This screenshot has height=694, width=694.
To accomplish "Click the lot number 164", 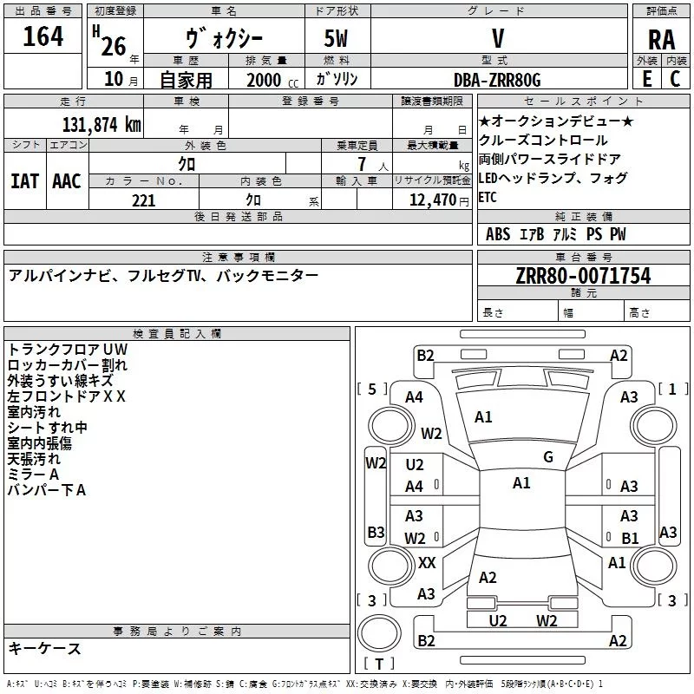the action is click(x=43, y=37).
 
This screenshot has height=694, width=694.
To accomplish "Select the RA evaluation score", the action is click(x=661, y=40).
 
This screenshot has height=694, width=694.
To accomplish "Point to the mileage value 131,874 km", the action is click(x=101, y=124).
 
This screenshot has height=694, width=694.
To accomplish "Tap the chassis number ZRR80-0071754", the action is click(x=583, y=276).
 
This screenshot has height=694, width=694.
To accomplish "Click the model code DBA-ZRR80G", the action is click(x=497, y=80).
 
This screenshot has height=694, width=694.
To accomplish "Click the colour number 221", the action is click(x=144, y=200).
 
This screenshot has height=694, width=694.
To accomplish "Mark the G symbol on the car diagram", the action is click(x=548, y=456).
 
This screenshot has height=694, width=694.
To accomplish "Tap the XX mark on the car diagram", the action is click(x=427, y=562).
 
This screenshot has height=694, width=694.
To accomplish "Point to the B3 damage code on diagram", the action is click(x=376, y=532).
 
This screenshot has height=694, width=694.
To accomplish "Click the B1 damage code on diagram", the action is click(x=630, y=538).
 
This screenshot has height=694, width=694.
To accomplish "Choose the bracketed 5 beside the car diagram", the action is click(x=372, y=389).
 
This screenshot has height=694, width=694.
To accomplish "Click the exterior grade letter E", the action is click(x=646, y=80).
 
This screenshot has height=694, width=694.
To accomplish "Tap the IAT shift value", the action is click(x=24, y=180).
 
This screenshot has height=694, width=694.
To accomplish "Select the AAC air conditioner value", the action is click(x=66, y=180).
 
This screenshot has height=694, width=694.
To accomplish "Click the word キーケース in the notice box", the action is click(x=45, y=648).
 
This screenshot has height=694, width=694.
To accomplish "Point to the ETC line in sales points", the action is click(x=488, y=197).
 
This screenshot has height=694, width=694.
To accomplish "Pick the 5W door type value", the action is click(x=337, y=40).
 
